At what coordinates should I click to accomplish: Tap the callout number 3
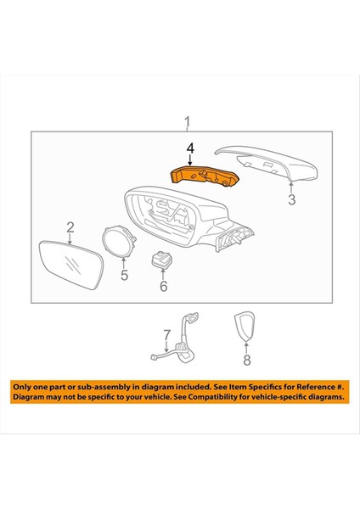tap(291, 201)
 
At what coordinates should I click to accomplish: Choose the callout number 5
tap(124, 275)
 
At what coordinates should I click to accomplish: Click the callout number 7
tap(167, 334)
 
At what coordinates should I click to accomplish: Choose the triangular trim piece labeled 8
tap(245, 328)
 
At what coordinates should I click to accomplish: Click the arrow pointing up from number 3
tap(291, 188)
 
